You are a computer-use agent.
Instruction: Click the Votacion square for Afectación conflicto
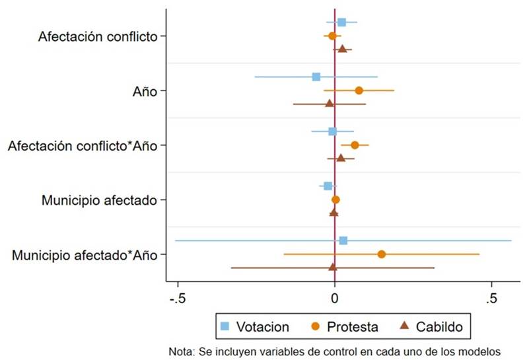coord(341,22)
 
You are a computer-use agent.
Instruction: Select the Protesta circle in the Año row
coord(359,90)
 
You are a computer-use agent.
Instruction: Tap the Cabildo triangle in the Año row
coord(330,104)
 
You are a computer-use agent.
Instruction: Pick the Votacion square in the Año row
coord(316,77)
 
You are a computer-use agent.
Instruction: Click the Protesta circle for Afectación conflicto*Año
coord(355,145)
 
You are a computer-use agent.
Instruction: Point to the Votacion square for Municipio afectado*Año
coord(343,240)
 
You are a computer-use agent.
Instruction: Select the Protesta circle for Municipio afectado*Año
coord(382,254)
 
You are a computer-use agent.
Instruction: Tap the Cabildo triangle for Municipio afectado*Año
coord(333,267)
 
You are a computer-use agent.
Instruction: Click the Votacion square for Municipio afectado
coord(328,186)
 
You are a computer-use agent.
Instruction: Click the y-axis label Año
coord(145,91)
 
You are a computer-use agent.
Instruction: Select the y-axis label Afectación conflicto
coord(98,36)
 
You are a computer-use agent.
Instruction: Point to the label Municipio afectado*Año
coord(85,254)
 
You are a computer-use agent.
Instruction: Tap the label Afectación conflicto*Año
coord(83,145)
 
